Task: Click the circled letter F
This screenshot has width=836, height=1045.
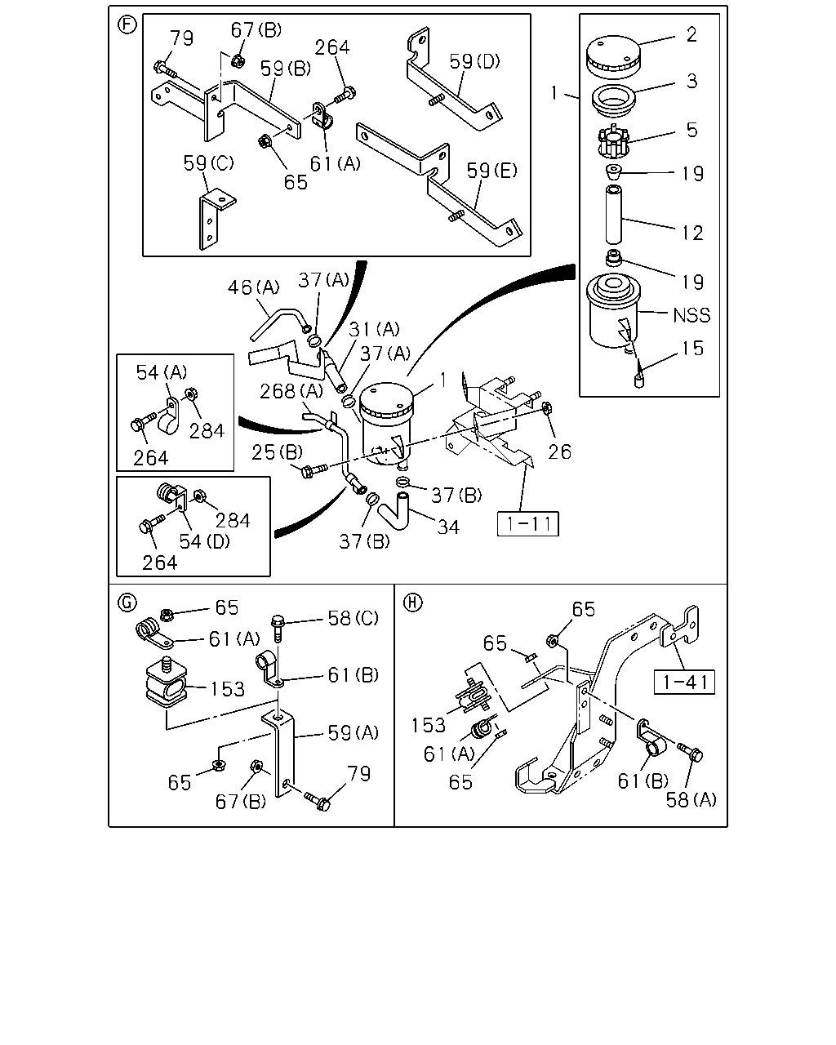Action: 127,24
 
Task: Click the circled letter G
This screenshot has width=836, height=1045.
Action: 127,603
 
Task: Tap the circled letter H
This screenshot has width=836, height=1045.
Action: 413,603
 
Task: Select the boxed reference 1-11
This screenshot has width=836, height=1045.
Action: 528,524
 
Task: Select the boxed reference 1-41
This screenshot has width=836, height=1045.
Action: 684,682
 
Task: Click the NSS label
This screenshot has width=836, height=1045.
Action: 691,316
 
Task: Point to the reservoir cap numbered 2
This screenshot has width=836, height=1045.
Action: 613,56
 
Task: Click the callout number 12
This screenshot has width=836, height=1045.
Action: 692,233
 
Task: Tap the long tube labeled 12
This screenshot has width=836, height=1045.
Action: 613,214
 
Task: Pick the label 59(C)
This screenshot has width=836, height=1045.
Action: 208,163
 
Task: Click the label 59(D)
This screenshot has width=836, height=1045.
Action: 474,61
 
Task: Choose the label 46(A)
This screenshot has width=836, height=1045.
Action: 254,287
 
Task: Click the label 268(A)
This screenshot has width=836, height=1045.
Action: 291,391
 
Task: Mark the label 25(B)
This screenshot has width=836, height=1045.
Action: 278,452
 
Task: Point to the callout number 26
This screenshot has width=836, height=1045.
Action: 559,452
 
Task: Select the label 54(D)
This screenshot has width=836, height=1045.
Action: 204,541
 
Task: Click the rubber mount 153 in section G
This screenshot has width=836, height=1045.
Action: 166,680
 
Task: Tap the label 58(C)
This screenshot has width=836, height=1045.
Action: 354,618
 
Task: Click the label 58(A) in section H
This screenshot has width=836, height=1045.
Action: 691,800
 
